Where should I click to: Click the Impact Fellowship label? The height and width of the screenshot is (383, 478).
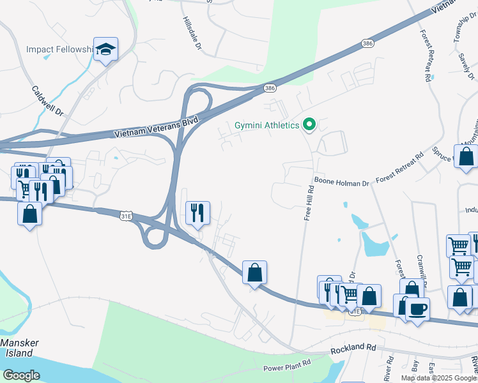pyautogui.click(x=59, y=49)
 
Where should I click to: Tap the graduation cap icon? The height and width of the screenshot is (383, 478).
pyautogui.click(x=105, y=49)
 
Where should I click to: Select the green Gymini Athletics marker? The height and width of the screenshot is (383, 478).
pyautogui.click(x=310, y=124)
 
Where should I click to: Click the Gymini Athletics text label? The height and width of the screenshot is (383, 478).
pyautogui.click(x=265, y=125)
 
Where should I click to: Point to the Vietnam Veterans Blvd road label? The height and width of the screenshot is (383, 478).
pyautogui.click(x=156, y=127)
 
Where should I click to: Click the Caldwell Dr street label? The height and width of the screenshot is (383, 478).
pyautogui.click(x=49, y=98)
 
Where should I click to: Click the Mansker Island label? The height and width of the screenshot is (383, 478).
pyautogui.click(x=19, y=348)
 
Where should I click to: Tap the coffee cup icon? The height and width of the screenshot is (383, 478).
pyautogui.click(x=417, y=310)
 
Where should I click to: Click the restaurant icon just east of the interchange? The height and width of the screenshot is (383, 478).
pyautogui.click(x=197, y=212)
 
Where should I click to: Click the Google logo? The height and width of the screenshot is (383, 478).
pyautogui.click(x=21, y=375)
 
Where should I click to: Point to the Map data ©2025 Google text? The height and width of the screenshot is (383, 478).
pyautogui.click(x=438, y=378)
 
